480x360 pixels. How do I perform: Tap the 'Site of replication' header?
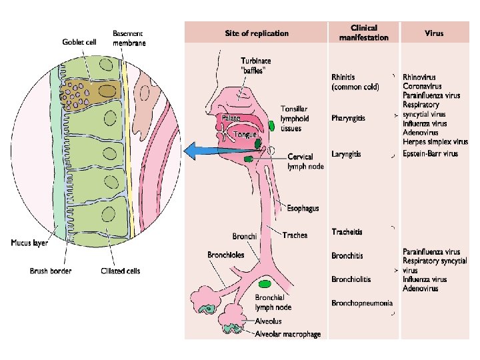pyautogui.click(x=257, y=33)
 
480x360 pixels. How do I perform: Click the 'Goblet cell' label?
pyautogui.click(x=79, y=42)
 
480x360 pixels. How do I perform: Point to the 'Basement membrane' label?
pyautogui.click(x=129, y=38)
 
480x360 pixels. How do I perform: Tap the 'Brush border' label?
pyautogui.click(x=51, y=271)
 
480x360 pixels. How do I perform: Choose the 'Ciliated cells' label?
pyautogui.click(x=121, y=271)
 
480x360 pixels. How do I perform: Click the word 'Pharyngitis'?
pyautogui.click(x=349, y=118)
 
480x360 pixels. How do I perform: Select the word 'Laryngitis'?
pyautogui.click(x=347, y=154)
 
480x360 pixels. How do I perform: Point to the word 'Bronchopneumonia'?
pyautogui.click(x=363, y=303)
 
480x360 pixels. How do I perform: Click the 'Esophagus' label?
pyautogui.click(x=303, y=209)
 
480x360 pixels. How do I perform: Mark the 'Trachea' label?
pyautogui.click(x=295, y=235)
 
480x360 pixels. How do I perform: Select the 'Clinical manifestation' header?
pyautogui.click(x=363, y=33)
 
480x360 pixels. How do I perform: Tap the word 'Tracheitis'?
pyautogui.click(x=347, y=231)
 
